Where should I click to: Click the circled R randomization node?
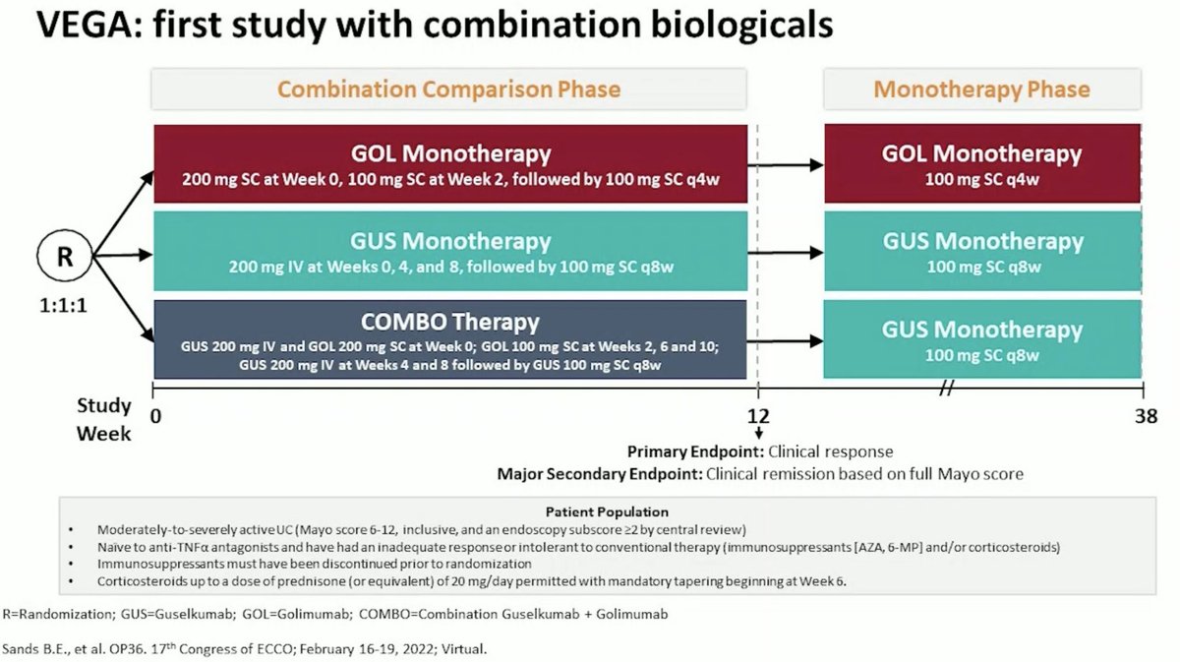pyautogui.click(x=65, y=256)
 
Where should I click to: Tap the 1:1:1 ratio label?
pyautogui.click(x=63, y=306)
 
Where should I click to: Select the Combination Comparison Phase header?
pyautogui.click(x=448, y=90)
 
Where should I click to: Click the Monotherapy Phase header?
pyautogui.click(x=982, y=90)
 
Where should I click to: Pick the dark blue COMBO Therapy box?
pyautogui.click(x=450, y=339)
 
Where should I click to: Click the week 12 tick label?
pyautogui.click(x=758, y=416)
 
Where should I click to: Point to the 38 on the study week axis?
pyautogui.click(x=1146, y=416)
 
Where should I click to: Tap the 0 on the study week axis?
pyautogui.click(x=155, y=416)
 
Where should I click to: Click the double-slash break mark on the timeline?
pyautogui.click(x=947, y=389)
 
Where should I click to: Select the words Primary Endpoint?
pyautogui.click(x=695, y=451)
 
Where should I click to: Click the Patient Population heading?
pyautogui.click(x=607, y=512)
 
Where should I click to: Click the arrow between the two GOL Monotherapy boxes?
pyautogui.click(x=786, y=165)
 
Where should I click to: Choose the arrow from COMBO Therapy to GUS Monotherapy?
pyautogui.click(x=786, y=341)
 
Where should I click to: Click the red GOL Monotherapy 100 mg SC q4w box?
pyautogui.click(x=982, y=163)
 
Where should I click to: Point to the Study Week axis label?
pyautogui.click(x=104, y=420)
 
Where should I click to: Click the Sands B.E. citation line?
pyautogui.click(x=245, y=649)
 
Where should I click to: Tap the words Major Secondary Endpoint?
pyautogui.click(x=600, y=474)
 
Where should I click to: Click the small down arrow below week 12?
pyautogui.click(x=758, y=433)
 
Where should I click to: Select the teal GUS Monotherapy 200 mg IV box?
pyautogui.click(x=450, y=251)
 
